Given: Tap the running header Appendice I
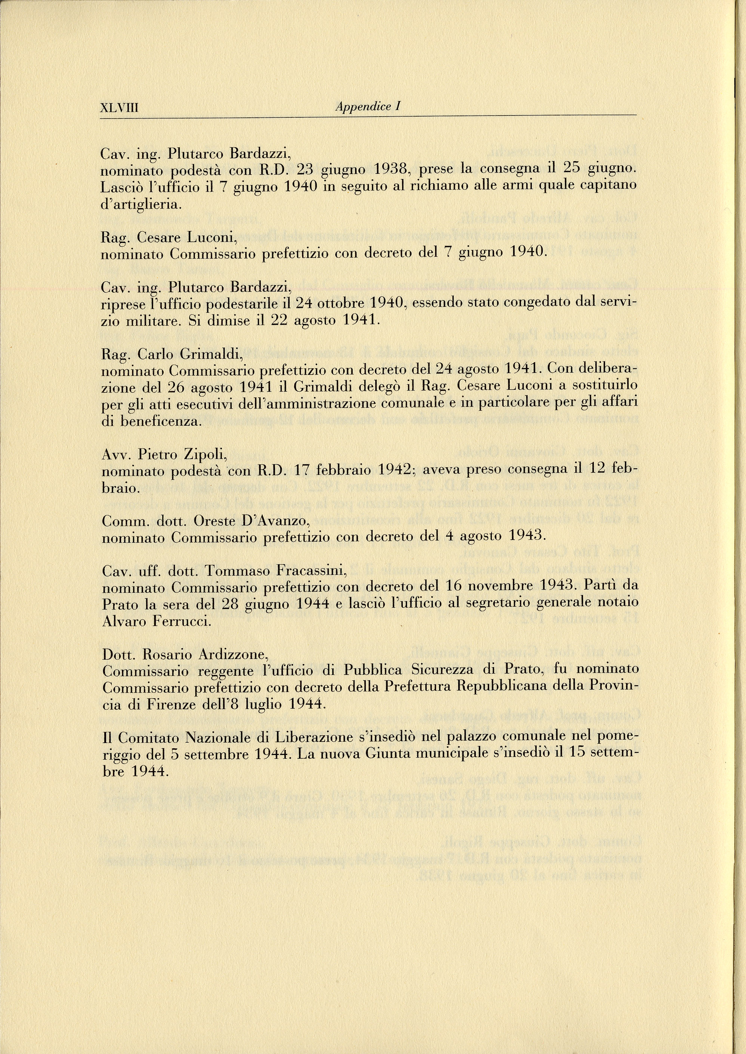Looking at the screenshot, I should [368, 107].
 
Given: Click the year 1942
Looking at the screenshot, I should [395, 470].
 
